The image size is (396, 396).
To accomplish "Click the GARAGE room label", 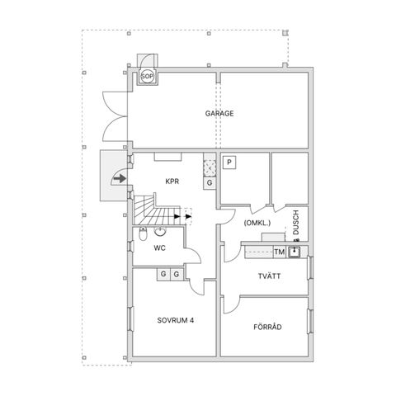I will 219,114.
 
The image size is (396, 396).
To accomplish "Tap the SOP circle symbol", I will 148,77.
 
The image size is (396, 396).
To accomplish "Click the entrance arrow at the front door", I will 120,177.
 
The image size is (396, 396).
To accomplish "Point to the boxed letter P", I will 229,163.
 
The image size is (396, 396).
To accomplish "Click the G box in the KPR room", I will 210,182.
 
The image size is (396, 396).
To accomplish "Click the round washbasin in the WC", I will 159,231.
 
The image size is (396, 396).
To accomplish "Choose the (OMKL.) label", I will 257,223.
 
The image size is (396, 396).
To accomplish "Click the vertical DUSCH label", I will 295,222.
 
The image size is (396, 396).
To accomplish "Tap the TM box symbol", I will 279,252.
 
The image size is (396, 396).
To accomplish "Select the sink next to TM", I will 293,252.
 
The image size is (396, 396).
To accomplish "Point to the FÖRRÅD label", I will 266,328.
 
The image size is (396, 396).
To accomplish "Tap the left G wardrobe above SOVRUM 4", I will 163,273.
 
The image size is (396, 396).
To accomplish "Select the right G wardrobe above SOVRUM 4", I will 177,273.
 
